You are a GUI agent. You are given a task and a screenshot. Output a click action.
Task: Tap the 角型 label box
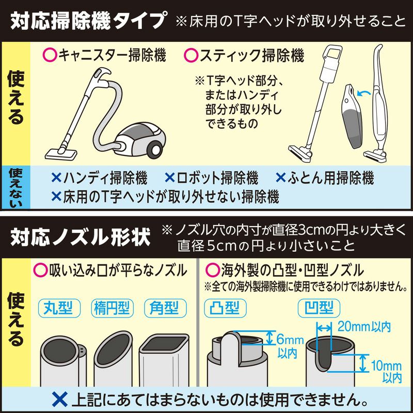click(164, 308)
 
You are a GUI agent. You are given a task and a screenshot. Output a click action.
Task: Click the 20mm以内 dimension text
click(363, 326)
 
